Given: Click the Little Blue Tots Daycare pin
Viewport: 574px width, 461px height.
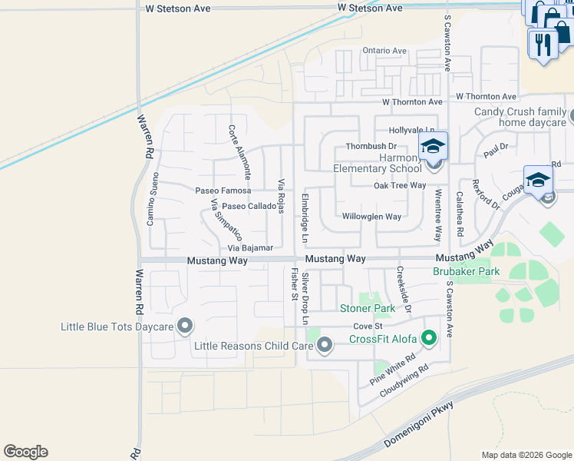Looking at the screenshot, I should [x=184, y=327].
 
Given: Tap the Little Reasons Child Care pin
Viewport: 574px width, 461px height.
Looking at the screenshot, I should [x=325, y=345].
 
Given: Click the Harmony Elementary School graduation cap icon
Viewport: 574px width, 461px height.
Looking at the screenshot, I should [x=433, y=146].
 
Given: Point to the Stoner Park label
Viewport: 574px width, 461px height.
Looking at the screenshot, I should [x=368, y=309].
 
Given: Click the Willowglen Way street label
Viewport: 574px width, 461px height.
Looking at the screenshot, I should [x=371, y=217].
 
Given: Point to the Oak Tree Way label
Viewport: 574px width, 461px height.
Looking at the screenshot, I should [x=399, y=185].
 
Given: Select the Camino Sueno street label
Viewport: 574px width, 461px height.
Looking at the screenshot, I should [x=154, y=199].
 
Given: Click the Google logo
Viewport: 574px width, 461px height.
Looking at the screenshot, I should [x=25, y=452].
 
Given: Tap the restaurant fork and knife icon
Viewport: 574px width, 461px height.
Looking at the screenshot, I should [x=543, y=44].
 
